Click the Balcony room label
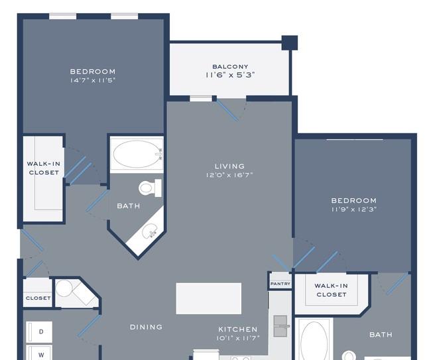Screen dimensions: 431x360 (x=230, y=66)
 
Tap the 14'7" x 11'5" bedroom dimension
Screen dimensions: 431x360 (x=93, y=80)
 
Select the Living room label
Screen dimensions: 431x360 (x=229, y=166)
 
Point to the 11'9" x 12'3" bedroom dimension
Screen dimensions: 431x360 (x=354, y=210)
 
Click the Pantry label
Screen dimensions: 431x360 (x=280, y=284)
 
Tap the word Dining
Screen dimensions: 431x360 (x=146, y=327)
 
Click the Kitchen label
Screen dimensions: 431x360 (x=238, y=330)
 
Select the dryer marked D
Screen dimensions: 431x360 (x=39, y=331)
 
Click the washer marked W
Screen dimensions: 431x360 (x=39, y=353)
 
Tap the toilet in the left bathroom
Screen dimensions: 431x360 (x=151, y=188)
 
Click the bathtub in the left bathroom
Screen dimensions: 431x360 (x=137, y=154)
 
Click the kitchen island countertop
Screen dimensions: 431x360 (x=209, y=298)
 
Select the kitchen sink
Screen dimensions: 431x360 (x=280, y=326)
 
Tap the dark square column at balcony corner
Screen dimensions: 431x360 (x=290, y=43)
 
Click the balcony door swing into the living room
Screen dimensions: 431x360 (x=228, y=111)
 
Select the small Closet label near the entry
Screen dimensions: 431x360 (x=38, y=298)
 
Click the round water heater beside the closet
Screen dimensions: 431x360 (x=64, y=288)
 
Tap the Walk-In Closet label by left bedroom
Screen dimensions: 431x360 (x=44, y=168)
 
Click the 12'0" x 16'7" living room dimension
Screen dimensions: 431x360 (x=229, y=175)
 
